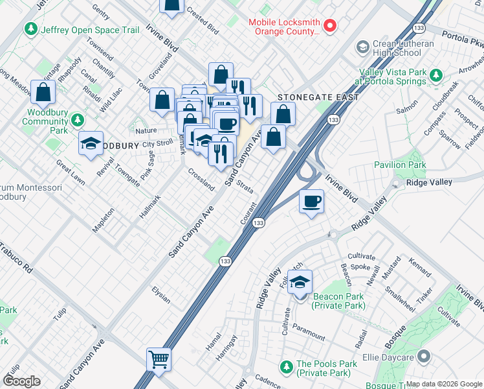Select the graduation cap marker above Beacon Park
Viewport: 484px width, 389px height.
pos(300,283)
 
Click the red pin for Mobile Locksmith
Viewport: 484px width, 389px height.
pos(330,26)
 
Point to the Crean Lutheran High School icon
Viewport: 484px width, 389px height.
pos(362,47)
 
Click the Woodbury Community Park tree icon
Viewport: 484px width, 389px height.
pos(78,121)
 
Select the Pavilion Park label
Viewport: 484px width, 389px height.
pos(400,165)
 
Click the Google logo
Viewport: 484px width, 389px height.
pos(21,381)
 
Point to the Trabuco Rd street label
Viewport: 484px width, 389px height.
pos(15,257)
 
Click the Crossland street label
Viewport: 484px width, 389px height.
pos(201,180)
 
